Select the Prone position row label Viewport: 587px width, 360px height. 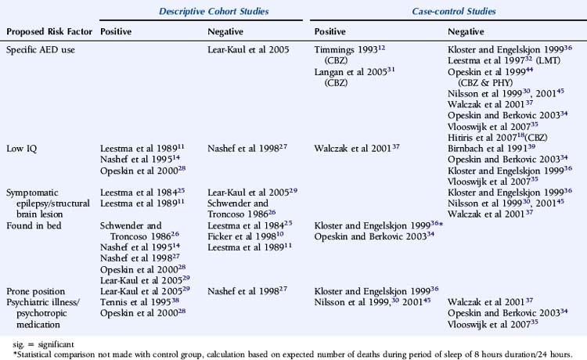38,290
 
